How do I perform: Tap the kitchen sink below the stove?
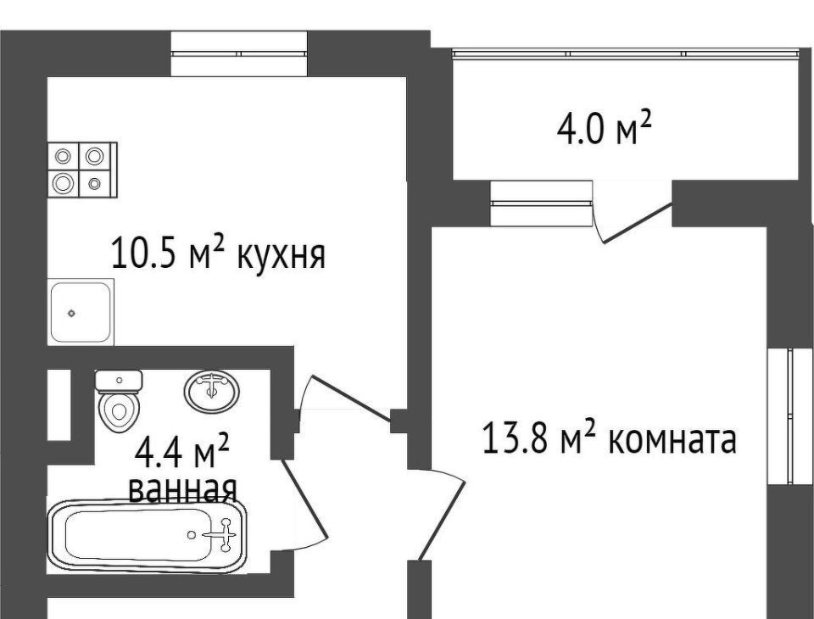(81, 312)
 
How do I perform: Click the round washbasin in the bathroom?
(211, 391)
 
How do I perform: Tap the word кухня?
(281, 254)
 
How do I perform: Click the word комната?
(672, 440)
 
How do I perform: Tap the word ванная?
(181, 488)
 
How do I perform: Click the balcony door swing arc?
(632, 222)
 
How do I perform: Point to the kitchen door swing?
(343, 399)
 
